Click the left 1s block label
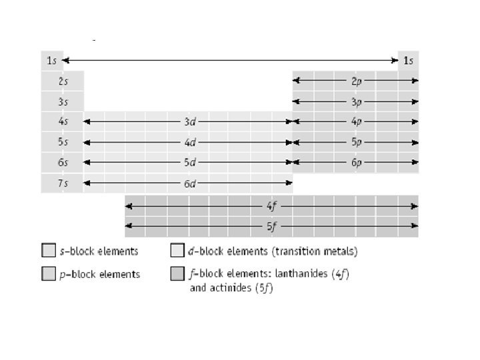(51, 61)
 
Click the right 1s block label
(408, 61)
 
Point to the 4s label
(62, 123)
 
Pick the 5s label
(62, 143)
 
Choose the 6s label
(62, 163)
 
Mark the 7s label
(62, 183)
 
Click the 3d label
(189, 122)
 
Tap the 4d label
(189, 143)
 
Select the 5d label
(189, 163)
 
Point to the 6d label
(189, 183)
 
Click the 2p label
(357, 81)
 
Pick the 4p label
(357, 122)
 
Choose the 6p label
(357, 163)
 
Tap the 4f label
(272, 206)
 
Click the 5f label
(272, 227)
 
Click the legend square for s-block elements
(48, 251)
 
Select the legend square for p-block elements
(48, 274)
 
